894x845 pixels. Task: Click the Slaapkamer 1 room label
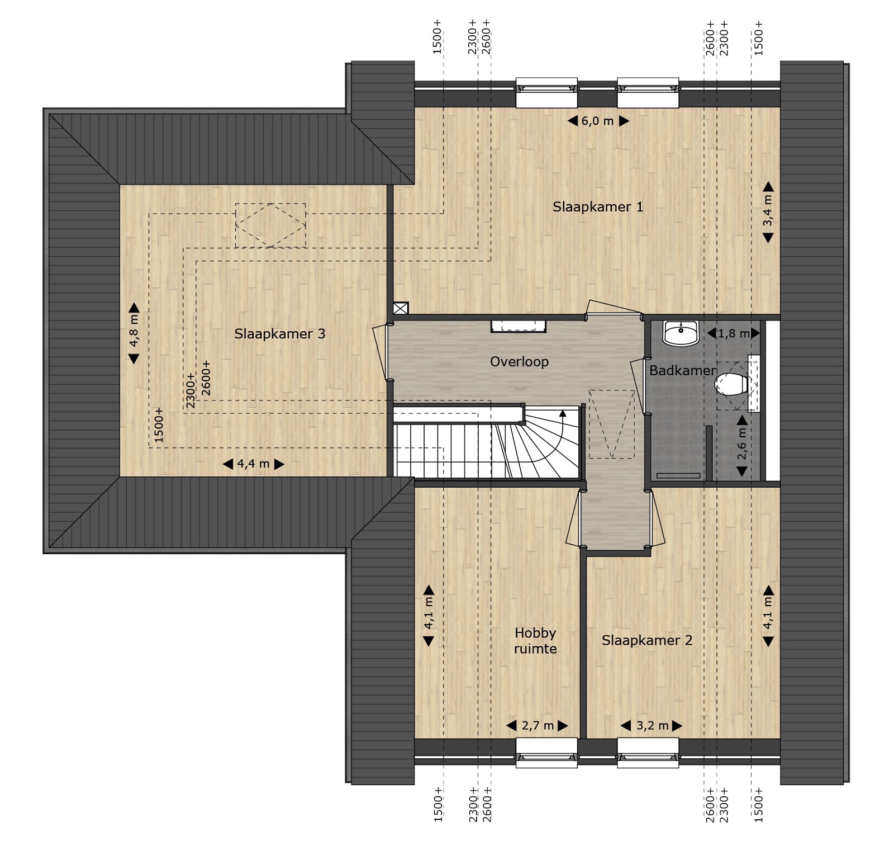(598, 207)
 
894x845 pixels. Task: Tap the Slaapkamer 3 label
(279, 334)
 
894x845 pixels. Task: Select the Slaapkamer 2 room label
(647, 640)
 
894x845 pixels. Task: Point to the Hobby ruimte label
(535, 641)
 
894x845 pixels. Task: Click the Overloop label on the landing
(519, 362)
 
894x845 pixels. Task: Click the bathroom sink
(681, 333)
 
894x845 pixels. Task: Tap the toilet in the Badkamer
(733, 384)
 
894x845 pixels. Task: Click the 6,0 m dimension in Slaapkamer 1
(598, 121)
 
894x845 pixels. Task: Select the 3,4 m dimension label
(768, 212)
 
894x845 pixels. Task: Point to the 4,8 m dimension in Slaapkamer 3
(134, 333)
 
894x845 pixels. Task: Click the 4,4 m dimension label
(254, 464)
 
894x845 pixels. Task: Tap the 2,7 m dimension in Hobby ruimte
(538, 726)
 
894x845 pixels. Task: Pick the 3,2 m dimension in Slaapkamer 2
(652, 726)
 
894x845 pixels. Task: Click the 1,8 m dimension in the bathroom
(733, 334)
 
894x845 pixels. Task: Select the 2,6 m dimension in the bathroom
(742, 446)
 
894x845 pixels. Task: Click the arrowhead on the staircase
(563, 413)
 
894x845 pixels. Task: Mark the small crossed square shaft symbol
(401, 308)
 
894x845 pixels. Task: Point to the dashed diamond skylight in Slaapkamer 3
(270, 225)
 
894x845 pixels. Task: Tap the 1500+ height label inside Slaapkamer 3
(159, 425)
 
